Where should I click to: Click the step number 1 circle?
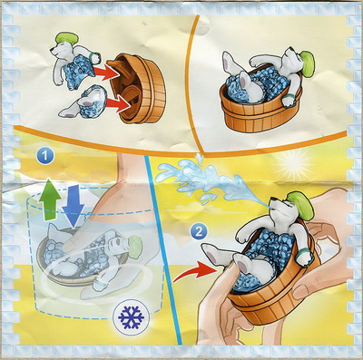click(45, 156)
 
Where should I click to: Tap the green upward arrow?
click(50, 199)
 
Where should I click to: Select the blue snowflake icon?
click(131, 317)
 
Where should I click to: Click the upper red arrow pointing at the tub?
click(104, 73)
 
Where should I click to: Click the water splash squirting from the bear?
click(209, 179)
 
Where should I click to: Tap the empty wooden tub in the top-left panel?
click(138, 88)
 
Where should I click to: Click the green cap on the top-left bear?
click(67, 39)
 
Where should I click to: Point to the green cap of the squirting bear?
click(301, 205)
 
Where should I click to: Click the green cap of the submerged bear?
click(135, 245)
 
